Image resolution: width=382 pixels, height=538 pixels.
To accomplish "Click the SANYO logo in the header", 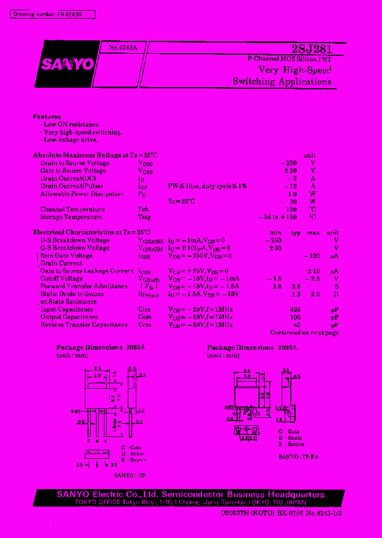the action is (65, 65).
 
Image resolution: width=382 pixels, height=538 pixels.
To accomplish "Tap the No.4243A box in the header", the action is (123, 48).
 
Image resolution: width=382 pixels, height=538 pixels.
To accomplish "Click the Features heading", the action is (47, 116).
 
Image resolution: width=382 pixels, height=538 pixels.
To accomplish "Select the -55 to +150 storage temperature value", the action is (277, 217).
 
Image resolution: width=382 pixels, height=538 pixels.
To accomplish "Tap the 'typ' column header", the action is (296, 233).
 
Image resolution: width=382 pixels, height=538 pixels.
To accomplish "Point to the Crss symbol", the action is (144, 325).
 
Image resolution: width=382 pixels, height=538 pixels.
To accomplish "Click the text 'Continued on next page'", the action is (304, 333).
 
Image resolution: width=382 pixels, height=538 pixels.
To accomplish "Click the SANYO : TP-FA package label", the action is (298, 456).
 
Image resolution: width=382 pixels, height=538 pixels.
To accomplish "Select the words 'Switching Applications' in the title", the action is (282, 82).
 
